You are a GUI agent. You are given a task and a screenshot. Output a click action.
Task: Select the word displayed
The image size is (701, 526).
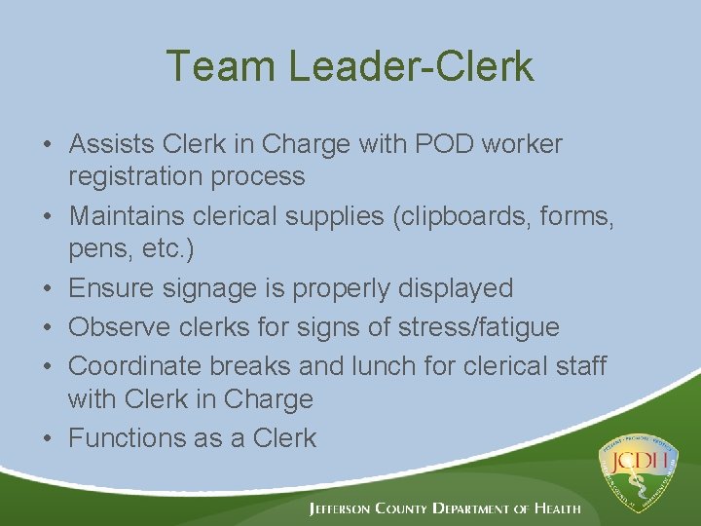click(x=453, y=288)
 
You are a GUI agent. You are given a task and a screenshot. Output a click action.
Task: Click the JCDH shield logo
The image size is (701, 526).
click(x=640, y=469)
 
